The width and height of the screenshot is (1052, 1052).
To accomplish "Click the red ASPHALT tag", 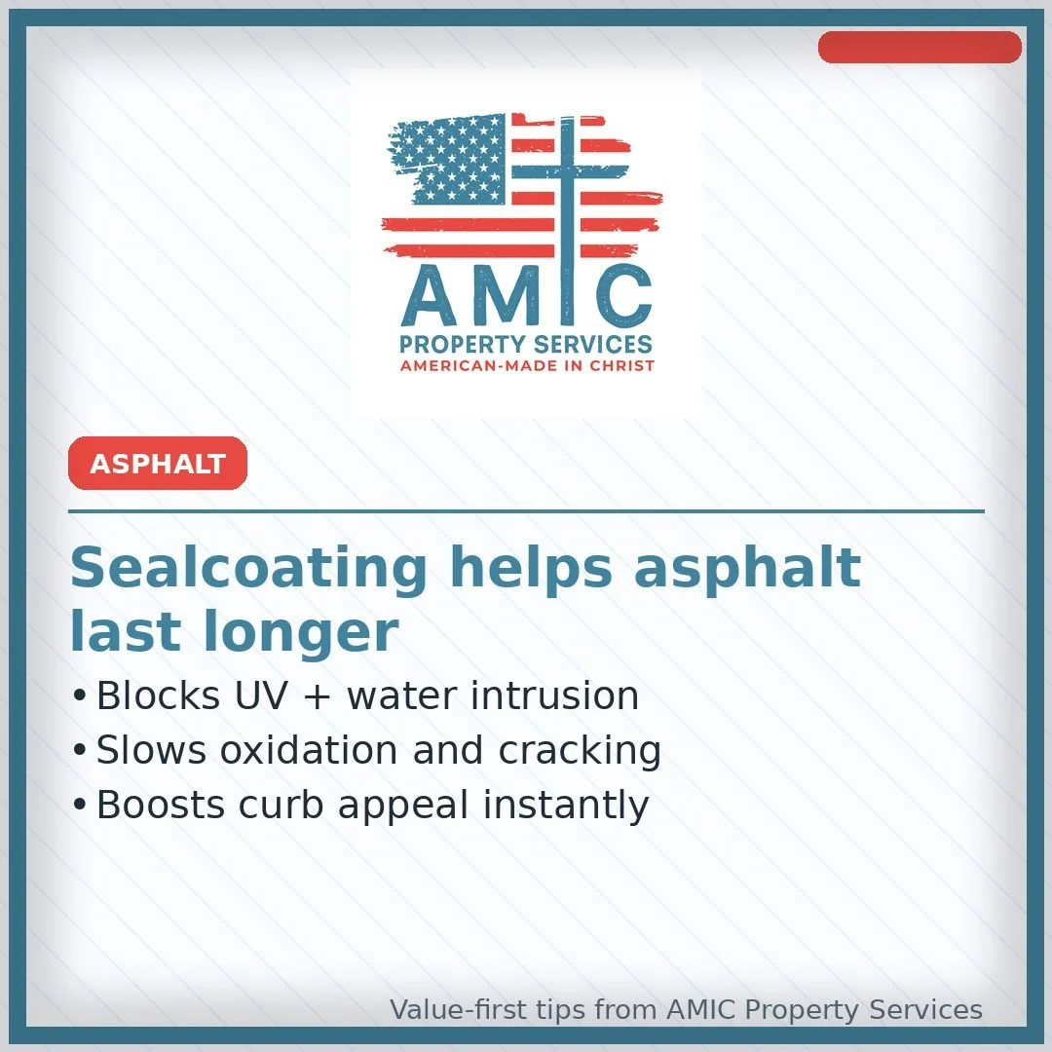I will pos(158,464).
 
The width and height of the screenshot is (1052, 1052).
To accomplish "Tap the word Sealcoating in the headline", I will pos(248,568).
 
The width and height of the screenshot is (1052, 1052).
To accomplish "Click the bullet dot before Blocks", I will pos(79,697).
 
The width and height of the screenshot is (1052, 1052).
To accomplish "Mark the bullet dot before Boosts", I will pos(79,807).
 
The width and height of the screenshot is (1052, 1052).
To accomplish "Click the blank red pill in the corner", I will pos(920,47).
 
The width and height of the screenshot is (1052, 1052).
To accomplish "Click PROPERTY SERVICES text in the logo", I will pos(526,345).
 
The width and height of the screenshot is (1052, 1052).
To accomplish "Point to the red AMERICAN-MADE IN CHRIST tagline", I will pos(527,366).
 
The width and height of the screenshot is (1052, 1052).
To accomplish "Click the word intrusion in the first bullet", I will pos(554,696).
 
